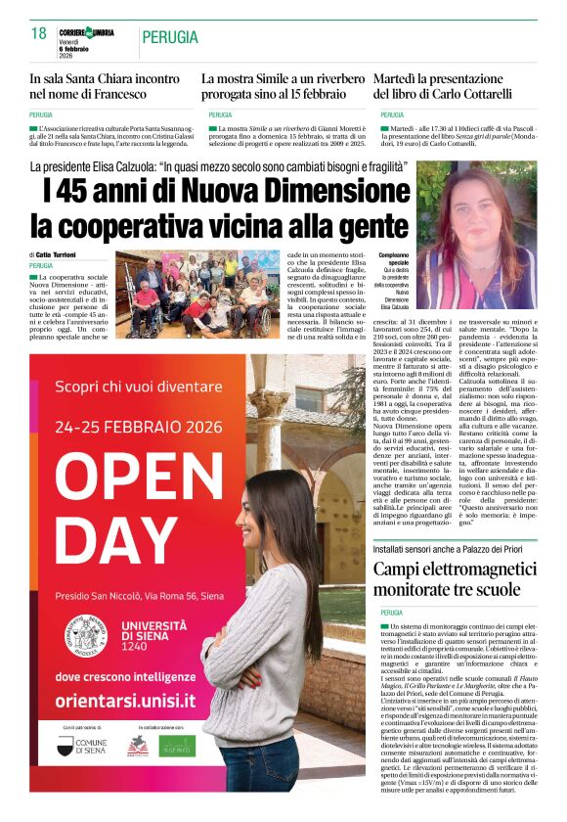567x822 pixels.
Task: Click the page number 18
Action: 39,34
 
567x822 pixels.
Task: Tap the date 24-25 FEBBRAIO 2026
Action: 135,427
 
